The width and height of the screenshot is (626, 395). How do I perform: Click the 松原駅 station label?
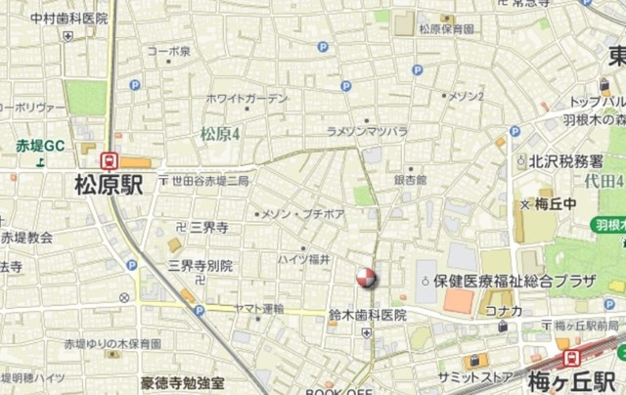pos(108,185)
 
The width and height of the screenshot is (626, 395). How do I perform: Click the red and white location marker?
pos(366,278)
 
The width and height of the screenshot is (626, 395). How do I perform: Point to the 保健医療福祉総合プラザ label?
pos(514,281)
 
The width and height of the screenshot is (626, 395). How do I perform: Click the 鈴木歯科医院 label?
pos(367,315)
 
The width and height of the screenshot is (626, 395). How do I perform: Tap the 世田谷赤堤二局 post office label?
pos(209,181)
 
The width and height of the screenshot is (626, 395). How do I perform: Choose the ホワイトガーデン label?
pos(247,98)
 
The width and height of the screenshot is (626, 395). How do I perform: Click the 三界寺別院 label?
pos(200,264)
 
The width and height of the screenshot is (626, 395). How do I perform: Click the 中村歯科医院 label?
pos(68,18)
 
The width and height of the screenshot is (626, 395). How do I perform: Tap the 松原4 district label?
pos(221,133)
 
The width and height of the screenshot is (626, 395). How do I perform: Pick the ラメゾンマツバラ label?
pos(367,130)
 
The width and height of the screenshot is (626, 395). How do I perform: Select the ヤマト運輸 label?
pos(259,308)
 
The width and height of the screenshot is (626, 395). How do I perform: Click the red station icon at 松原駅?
pos(110,161)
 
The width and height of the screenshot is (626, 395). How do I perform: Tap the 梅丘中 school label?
pos(559,204)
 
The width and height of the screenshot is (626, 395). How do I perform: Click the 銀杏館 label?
pos(411,180)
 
